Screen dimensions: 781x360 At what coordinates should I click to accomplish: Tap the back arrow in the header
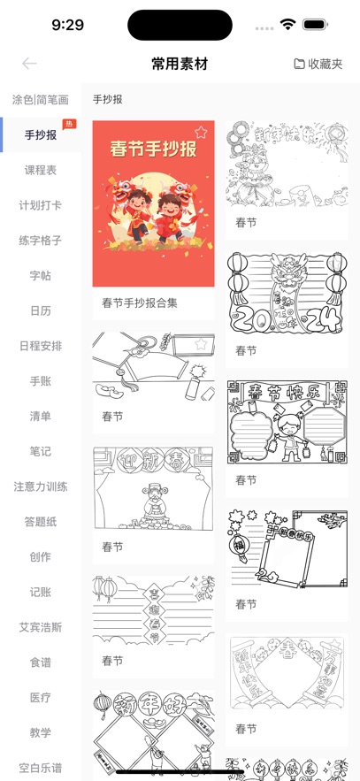tap(29, 64)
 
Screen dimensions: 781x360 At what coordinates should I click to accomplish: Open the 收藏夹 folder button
tap(318, 64)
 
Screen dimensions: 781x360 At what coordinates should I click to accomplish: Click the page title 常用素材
tap(180, 64)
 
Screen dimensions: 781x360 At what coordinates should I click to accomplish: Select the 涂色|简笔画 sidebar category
tap(40, 100)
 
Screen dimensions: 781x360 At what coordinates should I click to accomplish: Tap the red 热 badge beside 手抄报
tap(69, 125)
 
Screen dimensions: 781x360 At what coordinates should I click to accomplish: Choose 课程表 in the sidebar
tap(40, 170)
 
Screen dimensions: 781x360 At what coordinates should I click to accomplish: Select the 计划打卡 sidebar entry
tap(40, 205)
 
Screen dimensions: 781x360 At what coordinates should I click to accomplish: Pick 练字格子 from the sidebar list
tap(40, 241)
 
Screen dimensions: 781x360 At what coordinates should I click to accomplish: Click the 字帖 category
tap(40, 276)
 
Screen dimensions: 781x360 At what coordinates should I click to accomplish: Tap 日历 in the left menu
tap(40, 310)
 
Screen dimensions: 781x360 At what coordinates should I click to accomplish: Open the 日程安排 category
tap(40, 346)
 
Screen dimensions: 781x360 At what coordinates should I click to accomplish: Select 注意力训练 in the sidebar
tap(40, 486)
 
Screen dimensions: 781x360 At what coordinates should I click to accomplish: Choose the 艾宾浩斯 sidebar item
tap(40, 627)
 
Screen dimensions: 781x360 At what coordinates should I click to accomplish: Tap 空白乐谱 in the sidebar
tap(40, 768)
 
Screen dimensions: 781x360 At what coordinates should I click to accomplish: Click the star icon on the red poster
tap(201, 133)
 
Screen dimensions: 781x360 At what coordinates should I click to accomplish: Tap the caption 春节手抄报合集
tap(140, 302)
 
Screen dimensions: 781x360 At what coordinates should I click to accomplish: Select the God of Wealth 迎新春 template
tap(153, 489)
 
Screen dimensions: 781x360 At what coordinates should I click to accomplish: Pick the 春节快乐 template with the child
tap(287, 423)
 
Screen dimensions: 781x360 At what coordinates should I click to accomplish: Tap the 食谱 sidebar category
tap(40, 662)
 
